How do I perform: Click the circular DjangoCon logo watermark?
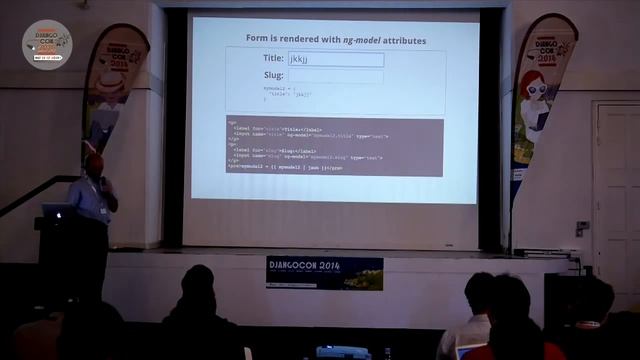(x=47, y=44)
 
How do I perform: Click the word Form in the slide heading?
(x=258, y=39)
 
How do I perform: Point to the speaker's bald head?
(x=93, y=162)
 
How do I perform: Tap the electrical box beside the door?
(x=582, y=228)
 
